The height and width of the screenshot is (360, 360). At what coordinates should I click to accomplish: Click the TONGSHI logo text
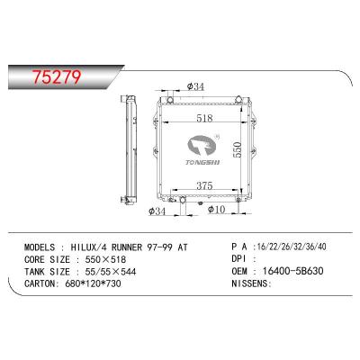click(x=208, y=163)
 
